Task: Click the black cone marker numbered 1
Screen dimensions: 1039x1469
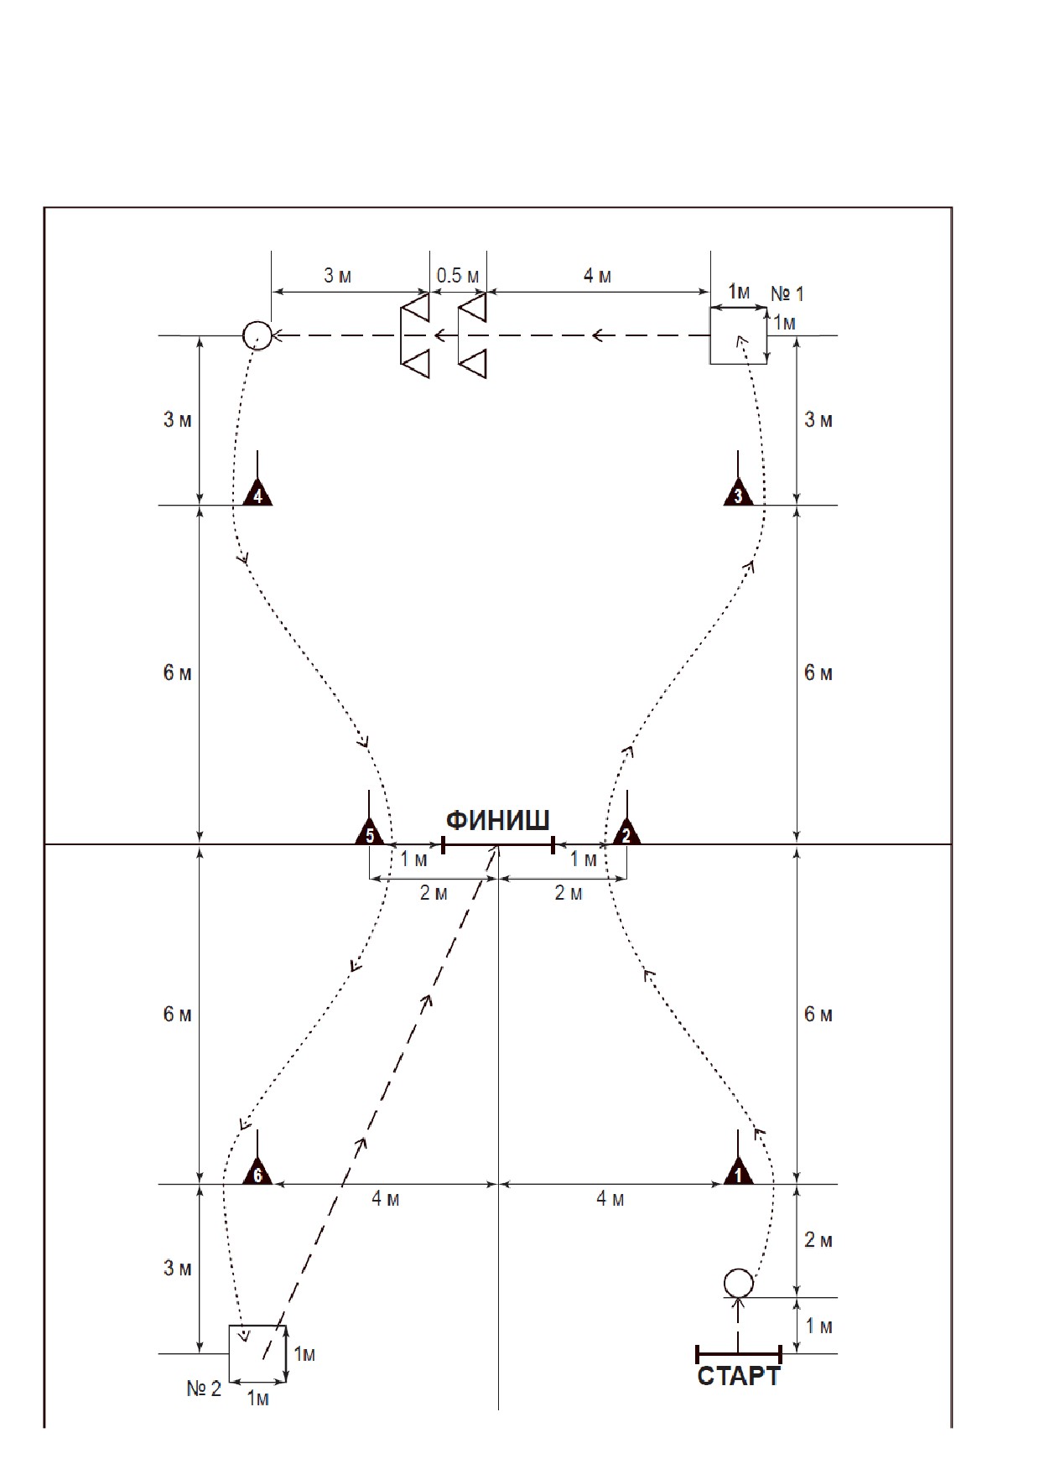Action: click(738, 1171)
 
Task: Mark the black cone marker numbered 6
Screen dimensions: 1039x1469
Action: click(257, 1171)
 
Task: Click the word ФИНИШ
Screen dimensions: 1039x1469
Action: click(497, 819)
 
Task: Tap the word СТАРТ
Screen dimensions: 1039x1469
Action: click(739, 1377)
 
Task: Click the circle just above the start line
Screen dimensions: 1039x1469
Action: click(739, 1283)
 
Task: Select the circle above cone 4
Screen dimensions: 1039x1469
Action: click(257, 335)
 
